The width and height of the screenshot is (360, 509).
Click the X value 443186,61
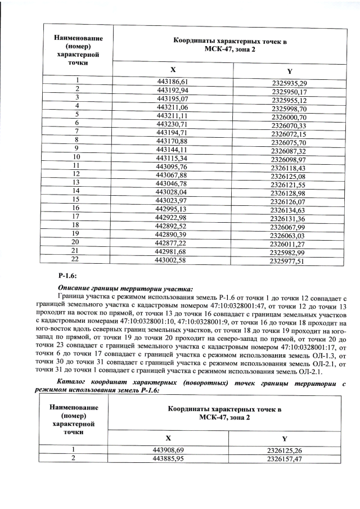pyautogui.click(x=172, y=82)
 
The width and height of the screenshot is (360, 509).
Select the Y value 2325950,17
pyautogui.click(x=289, y=92)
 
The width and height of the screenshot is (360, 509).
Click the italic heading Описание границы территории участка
pyautogui.click(x=118, y=289)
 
